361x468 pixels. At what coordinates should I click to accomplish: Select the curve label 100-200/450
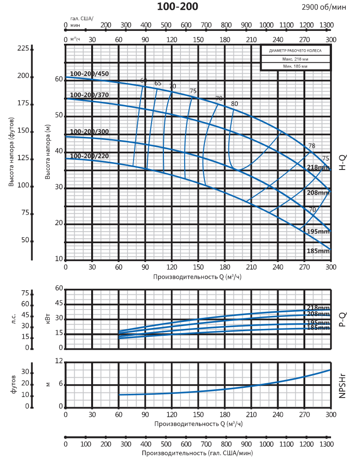[x=89, y=74]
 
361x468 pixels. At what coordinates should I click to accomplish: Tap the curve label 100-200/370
[x=89, y=95]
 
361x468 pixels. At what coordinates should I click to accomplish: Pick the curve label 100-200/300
[x=89, y=132]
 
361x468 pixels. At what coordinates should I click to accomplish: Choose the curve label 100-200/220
[x=89, y=156]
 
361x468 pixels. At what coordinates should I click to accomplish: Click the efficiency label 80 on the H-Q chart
[x=234, y=104]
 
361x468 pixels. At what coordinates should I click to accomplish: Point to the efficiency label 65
[x=158, y=83]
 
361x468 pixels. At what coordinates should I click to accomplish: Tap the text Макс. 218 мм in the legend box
[x=296, y=59]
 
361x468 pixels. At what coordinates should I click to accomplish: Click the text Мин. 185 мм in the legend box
[x=296, y=67]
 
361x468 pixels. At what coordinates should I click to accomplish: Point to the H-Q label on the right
[x=343, y=163]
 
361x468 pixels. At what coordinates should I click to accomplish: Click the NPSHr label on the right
[x=343, y=386]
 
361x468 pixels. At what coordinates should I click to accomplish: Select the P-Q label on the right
[x=343, y=319]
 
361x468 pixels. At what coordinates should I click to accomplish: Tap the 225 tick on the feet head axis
[x=23, y=48]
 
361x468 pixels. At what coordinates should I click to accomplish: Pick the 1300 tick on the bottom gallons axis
[x=326, y=444]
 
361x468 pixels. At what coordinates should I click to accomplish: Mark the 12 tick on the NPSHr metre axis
[x=58, y=362]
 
